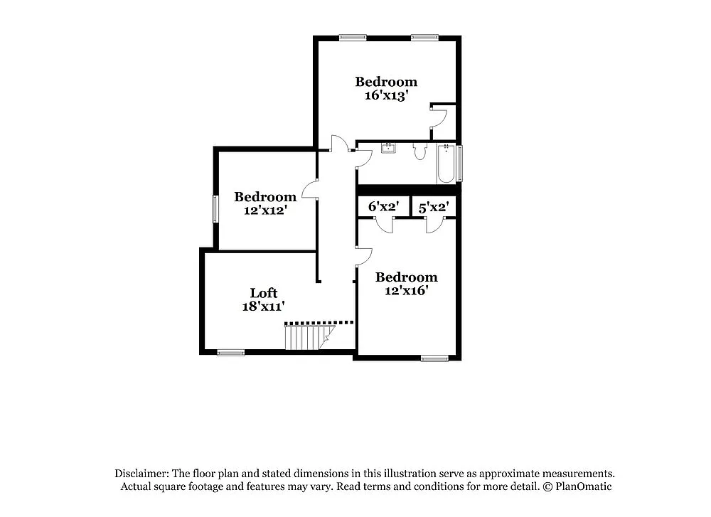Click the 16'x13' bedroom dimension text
(x=385, y=95)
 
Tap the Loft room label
(x=263, y=293)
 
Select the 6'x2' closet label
(x=383, y=207)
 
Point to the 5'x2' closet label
(x=433, y=207)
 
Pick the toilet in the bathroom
(x=419, y=151)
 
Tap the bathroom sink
(x=389, y=149)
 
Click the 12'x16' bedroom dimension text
(x=406, y=290)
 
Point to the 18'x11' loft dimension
(x=263, y=307)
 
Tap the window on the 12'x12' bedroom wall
(x=215, y=209)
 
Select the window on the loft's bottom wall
(x=230, y=352)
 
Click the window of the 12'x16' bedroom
(x=434, y=357)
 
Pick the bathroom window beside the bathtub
(x=459, y=163)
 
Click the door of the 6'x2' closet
(x=385, y=225)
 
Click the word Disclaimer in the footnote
(x=140, y=474)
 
